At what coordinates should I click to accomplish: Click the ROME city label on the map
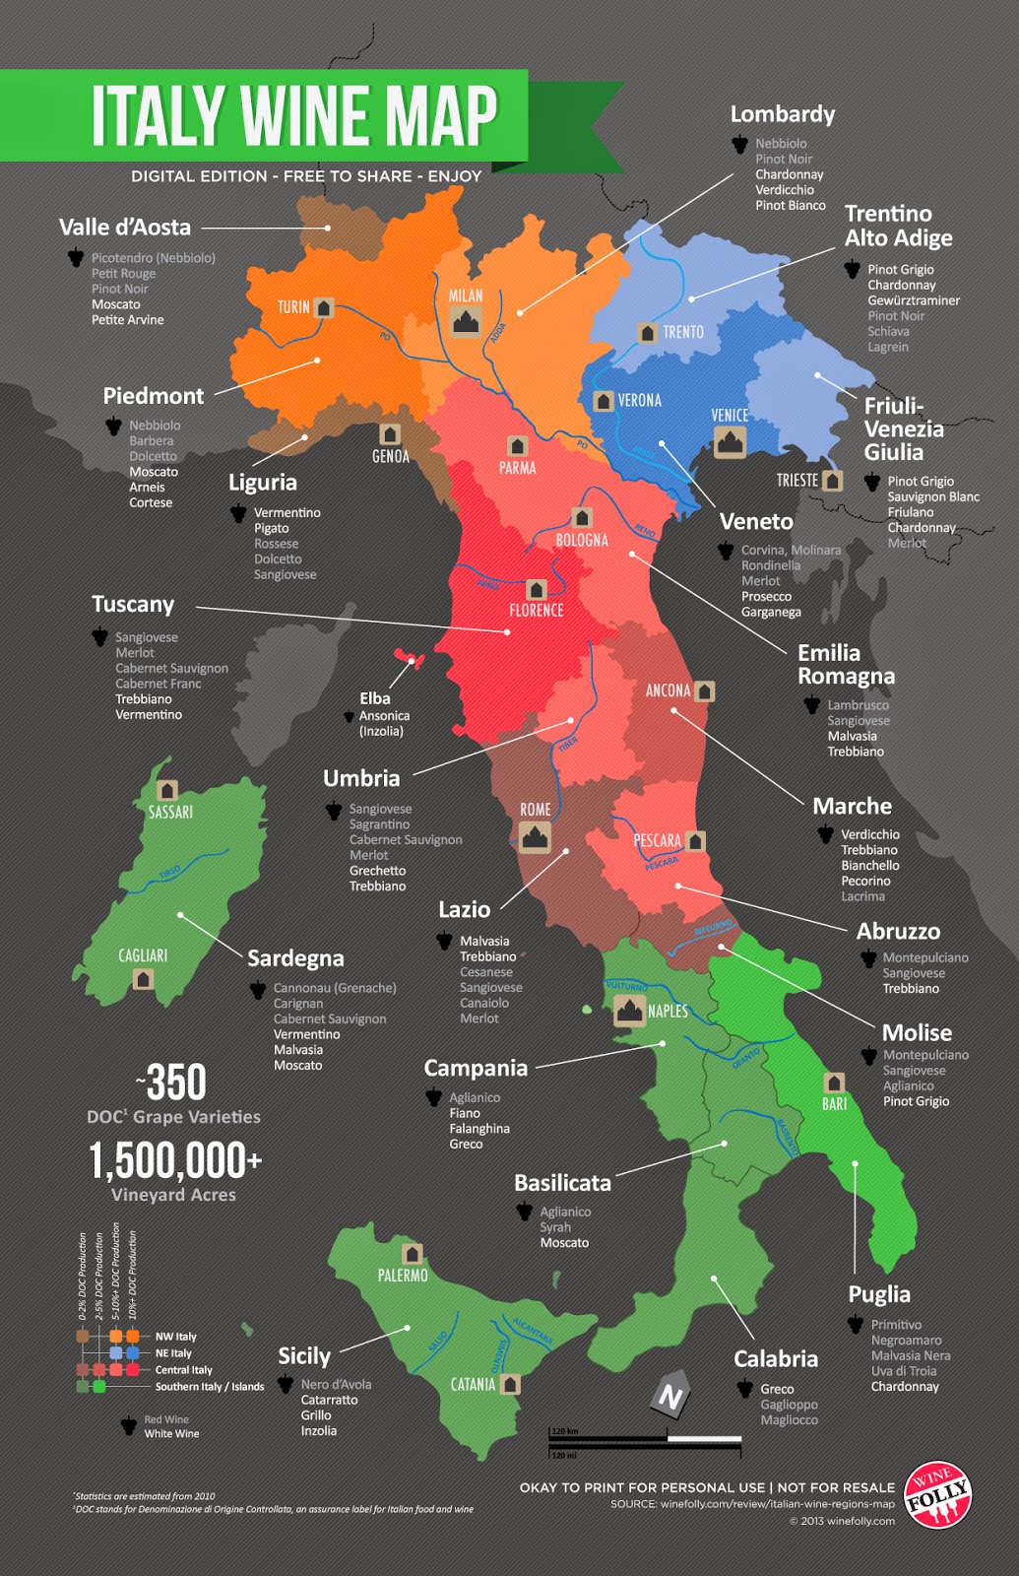click(x=536, y=810)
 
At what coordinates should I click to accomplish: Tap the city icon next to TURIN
click(x=324, y=307)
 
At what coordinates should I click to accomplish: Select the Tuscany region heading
click(x=133, y=604)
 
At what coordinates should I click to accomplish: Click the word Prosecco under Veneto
click(x=766, y=596)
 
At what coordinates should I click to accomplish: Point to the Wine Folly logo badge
click(x=938, y=1494)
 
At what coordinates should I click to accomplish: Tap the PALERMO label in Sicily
click(x=403, y=1276)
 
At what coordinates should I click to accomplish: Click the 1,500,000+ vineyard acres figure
click(x=175, y=1160)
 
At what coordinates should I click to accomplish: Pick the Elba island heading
click(x=375, y=698)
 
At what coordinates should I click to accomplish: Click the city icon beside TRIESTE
click(x=833, y=481)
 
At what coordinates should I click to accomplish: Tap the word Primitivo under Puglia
click(x=896, y=1325)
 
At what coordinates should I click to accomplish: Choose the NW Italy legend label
click(x=176, y=1337)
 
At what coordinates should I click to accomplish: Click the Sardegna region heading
click(x=295, y=958)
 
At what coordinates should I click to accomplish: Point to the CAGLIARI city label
click(x=143, y=955)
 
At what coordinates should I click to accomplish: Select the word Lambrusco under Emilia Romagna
click(x=858, y=705)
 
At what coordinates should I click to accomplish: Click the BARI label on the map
click(x=835, y=1104)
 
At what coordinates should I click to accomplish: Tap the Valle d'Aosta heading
click(x=125, y=228)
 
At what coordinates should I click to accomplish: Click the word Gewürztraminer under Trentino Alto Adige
click(x=914, y=300)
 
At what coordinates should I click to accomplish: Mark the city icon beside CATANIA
click(x=510, y=1384)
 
